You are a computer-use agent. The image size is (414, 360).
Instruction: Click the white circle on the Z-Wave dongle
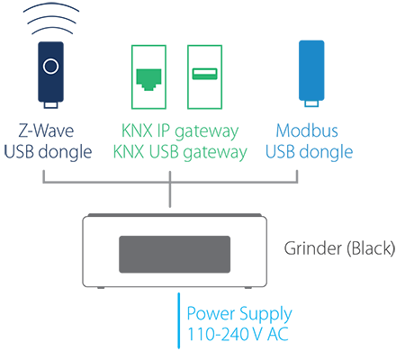pyautogui.click(x=50, y=67)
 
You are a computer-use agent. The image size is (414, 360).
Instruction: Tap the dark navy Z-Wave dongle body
pyautogui.click(x=50, y=72)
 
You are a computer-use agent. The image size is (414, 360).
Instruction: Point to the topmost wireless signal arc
pyautogui.click(x=51, y=8)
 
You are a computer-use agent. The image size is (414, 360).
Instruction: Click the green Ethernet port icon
pyautogui.click(x=148, y=79)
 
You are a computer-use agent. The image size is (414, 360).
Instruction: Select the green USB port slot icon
pyautogui.click(x=204, y=74)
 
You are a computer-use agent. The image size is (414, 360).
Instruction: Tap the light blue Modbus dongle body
pyautogui.click(x=311, y=70)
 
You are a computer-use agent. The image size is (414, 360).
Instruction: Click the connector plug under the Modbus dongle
pyautogui.click(x=311, y=103)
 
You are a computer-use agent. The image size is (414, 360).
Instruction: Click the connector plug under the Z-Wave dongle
pyautogui.click(x=50, y=105)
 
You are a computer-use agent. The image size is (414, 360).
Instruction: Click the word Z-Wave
pyautogui.click(x=46, y=130)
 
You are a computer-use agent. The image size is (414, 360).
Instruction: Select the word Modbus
pyautogui.click(x=307, y=130)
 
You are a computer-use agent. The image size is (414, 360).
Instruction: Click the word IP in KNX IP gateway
pyautogui.click(x=163, y=130)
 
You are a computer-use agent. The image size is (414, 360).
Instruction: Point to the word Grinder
pyautogui.click(x=313, y=248)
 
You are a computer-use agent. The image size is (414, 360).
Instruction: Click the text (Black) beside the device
pyautogui.click(x=371, y=248)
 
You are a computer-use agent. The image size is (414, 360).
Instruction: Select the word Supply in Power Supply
pyautogui.click(x=265, y=315)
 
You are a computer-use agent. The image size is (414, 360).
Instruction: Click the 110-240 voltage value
pyautogui.click(x=219, y=334)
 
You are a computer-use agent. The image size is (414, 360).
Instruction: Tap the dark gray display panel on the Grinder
pyautogui.click(x=175, y=255)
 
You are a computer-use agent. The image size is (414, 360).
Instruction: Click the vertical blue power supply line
pyautogui.click(x=179, y=320)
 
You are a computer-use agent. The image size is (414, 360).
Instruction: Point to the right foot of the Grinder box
pyautogui.click(x=248, y=288)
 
